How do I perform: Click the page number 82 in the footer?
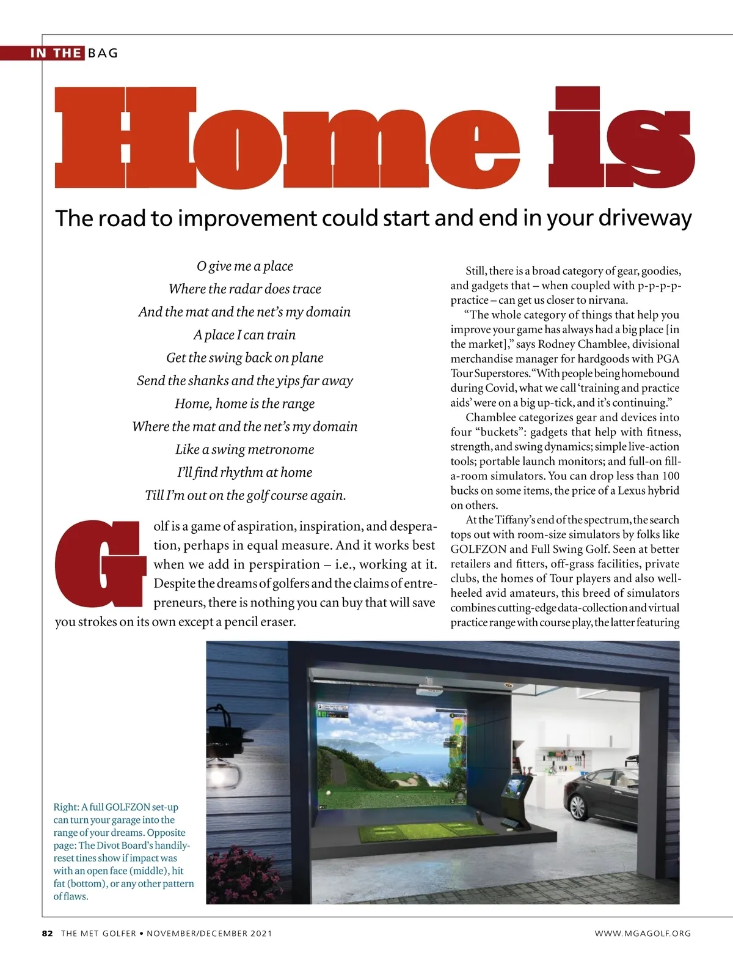[x=48, y=933]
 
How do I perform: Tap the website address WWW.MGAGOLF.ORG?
[x=643, y=933]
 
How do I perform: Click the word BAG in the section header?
[x=103, y=53]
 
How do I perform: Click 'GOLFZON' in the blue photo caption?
[x=128, y=807]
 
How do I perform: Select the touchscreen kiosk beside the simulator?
[x=516, y=800]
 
